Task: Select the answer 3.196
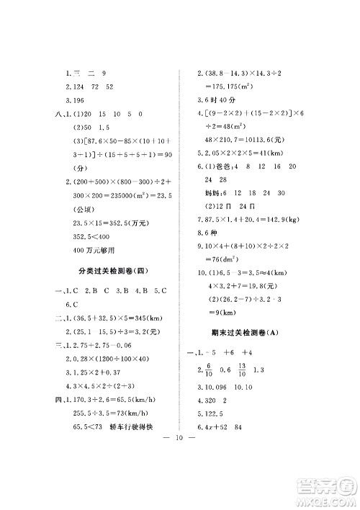point(75,100)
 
